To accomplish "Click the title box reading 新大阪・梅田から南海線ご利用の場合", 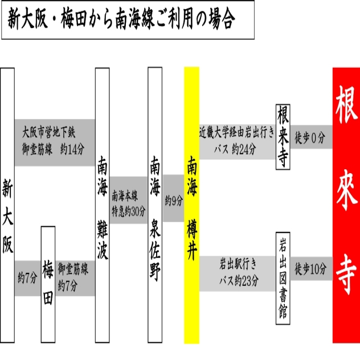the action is click(128, 20).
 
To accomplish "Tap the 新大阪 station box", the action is click(7, 205).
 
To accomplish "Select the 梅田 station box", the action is click(48, 284).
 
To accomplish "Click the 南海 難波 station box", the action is click(103, 205).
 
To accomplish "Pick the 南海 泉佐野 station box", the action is click(155, 205).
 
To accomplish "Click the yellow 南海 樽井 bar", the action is click(192, 205).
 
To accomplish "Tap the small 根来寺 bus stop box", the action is click(283, 137).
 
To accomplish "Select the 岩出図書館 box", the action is click(283, 278).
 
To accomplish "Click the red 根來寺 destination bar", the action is click(346, 205).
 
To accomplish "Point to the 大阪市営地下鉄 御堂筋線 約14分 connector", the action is click(55, 142).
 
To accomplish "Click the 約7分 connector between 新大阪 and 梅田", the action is click(28, 278).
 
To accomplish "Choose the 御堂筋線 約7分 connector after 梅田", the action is click(75, 278).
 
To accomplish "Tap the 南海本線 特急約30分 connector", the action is click(129, 200).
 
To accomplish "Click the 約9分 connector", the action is click(173, 198).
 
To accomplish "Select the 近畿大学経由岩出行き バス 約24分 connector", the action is click(238, 142).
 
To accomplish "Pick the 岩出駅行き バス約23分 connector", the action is click(238, 273).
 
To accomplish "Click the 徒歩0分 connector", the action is click(311, 137).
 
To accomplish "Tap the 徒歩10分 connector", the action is click(311, 269).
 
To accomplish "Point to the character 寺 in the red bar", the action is click(346, 274).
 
